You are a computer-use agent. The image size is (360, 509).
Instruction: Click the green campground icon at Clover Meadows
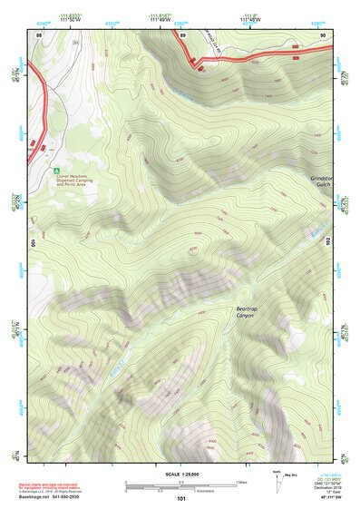tap(55, 170)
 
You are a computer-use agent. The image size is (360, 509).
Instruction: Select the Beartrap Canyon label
tap(246, 311)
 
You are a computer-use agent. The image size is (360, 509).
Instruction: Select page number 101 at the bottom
tap(182, 499)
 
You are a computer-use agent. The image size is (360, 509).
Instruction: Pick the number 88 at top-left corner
tap(39, 34)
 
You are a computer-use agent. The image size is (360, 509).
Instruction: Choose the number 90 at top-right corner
tap(323, 34)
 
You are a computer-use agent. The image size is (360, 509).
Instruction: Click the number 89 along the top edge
tap(182, 34)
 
